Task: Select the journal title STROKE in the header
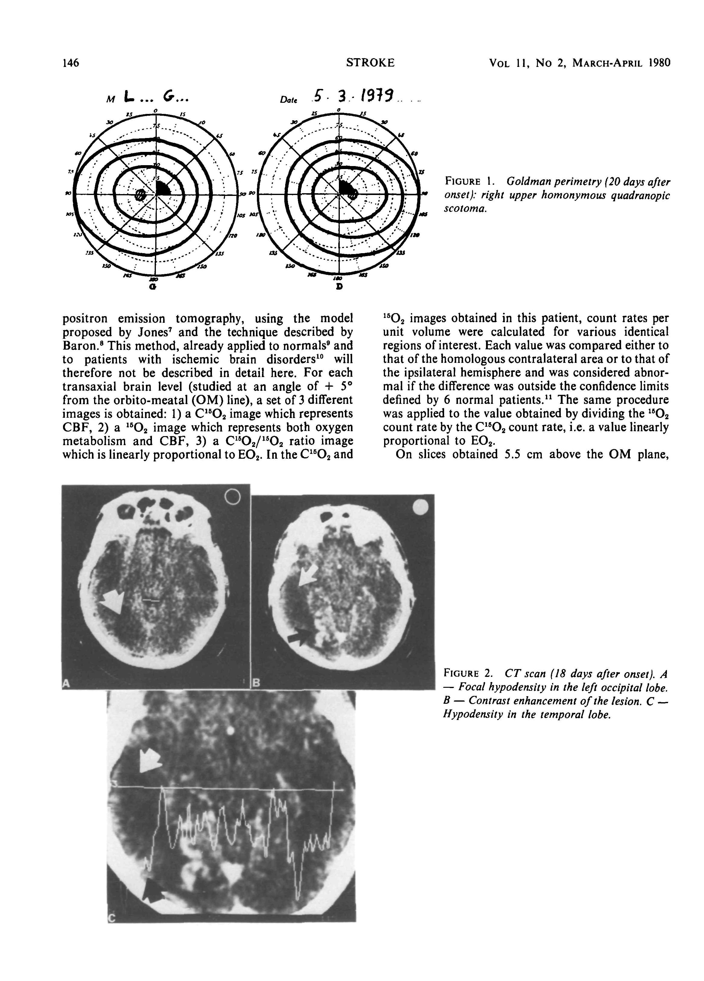(370, 63)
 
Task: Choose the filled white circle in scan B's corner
(420, 507)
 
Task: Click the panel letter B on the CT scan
(256, 683)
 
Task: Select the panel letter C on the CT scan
(112, 919)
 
